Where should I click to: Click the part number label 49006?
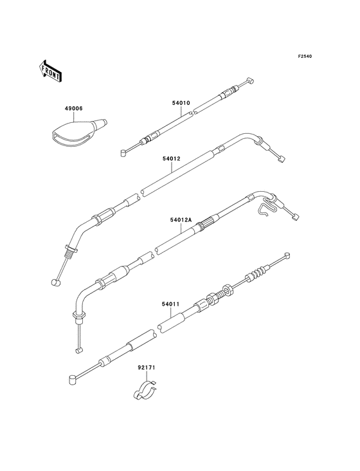click(x=73, y=108)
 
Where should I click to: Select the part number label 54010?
click(x=181, y=103)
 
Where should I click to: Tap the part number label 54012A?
click(x=181, y=220)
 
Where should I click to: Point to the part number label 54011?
click(x=170, y=304)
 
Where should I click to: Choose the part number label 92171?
click(x=147, y=367)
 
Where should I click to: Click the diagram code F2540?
click(x=305, y=56)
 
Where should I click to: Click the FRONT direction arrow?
click(x=50, y=71)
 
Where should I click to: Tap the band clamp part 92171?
click(x=145, y=390)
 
